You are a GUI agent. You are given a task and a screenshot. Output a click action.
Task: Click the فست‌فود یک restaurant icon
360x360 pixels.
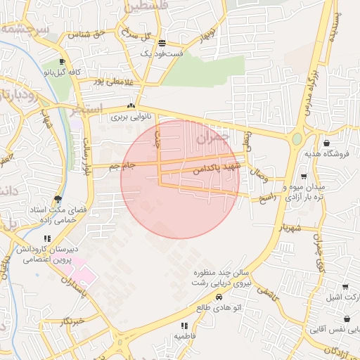click(162, 43)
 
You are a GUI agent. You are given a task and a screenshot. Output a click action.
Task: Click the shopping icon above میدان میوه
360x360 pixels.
click(303, 176)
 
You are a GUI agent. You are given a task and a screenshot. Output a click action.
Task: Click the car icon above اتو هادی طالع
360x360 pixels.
click(219, 297)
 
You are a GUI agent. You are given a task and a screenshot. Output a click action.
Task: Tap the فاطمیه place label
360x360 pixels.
click(184, 336)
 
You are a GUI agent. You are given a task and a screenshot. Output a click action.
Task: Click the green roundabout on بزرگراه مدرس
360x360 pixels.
click(297, 139)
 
